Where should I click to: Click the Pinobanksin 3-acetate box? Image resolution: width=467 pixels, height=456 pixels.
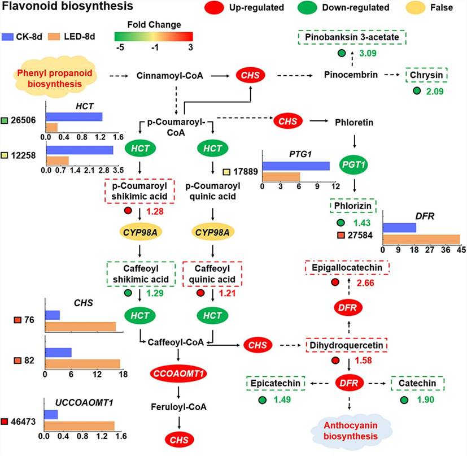[x=352, y=38]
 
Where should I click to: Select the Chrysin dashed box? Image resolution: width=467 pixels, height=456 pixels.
[x=426, y=75]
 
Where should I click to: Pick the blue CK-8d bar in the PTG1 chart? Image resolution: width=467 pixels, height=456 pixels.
[x=295, y=166]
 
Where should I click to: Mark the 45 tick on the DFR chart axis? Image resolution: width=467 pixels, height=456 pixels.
[x=460, y=249]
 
